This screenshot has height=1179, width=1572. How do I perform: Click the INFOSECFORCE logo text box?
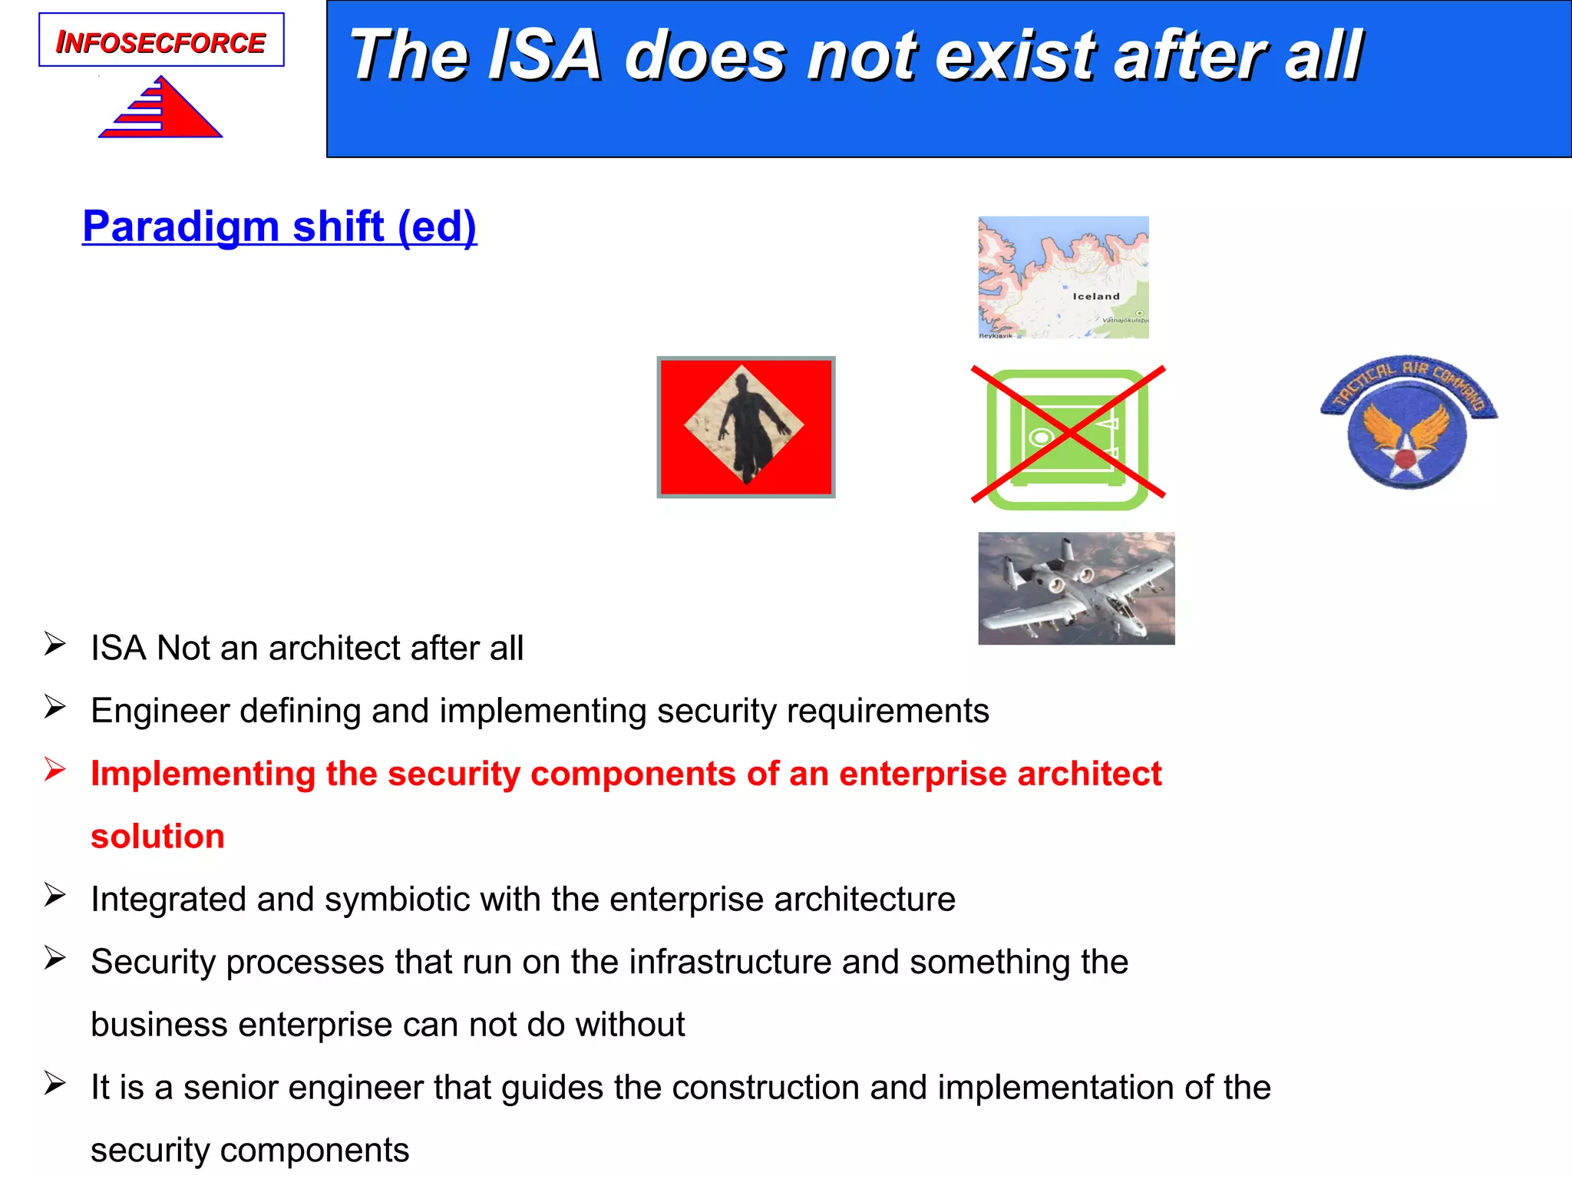tap(161, 41)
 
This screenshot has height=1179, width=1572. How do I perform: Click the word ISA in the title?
tap(544, 55)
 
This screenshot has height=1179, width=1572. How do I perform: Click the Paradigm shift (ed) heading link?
tap(279, 226)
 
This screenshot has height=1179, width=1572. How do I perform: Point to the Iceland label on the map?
tap(1095, 296)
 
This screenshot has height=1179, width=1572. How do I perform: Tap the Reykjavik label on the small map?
tap(996, 335)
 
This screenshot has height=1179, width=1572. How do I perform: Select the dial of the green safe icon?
tap(1040, 438)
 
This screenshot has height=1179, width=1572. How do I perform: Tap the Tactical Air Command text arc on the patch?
tap(1408, 375)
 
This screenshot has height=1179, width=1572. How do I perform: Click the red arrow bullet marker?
tap(54, 769)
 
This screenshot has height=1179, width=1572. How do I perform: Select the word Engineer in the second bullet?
tap(160, 711)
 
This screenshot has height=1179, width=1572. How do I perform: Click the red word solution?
tap(157, 836)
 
